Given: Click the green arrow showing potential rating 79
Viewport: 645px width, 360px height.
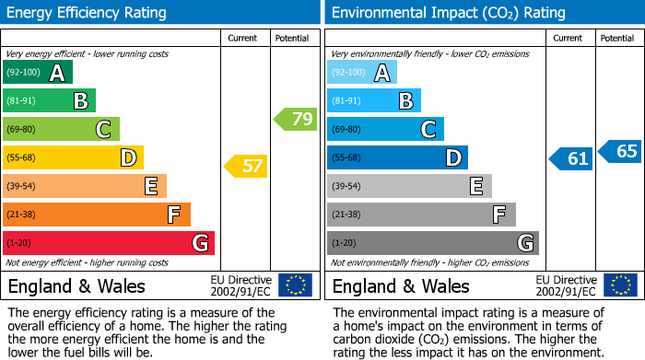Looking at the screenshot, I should click(295, 119).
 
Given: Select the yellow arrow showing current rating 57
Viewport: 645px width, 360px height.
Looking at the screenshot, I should click(245, 167).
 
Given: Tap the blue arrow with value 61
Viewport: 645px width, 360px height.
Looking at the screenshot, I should click(570, 158).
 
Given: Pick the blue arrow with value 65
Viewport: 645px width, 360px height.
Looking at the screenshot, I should click(619, 151).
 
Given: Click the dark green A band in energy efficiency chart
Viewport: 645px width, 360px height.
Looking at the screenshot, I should click(37, 73).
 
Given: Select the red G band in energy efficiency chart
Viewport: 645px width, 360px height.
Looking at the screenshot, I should click(108, 243).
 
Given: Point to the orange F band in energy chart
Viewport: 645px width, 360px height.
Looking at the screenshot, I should click(96, 215).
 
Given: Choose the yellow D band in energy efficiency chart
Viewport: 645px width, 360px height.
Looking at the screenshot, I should click(73, 157).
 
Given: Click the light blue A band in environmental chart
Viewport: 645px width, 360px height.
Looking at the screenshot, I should click(361, 73).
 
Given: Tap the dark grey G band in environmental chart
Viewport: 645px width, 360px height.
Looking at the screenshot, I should click(432, 243).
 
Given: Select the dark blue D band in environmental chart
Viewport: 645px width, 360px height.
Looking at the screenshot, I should click(397, 157).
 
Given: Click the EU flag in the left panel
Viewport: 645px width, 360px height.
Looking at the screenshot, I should click(295, 285).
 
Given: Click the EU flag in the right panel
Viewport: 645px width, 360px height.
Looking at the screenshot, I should click(619, 285).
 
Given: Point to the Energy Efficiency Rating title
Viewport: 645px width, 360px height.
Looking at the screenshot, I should click(88, 13).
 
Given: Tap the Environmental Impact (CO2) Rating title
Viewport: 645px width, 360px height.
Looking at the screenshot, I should click(448, 13).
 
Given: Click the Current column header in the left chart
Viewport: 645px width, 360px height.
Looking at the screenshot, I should click(244, 38).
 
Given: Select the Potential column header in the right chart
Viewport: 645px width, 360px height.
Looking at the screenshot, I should click(617, 38).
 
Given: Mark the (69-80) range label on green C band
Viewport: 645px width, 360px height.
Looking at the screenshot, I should click(22, 130).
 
